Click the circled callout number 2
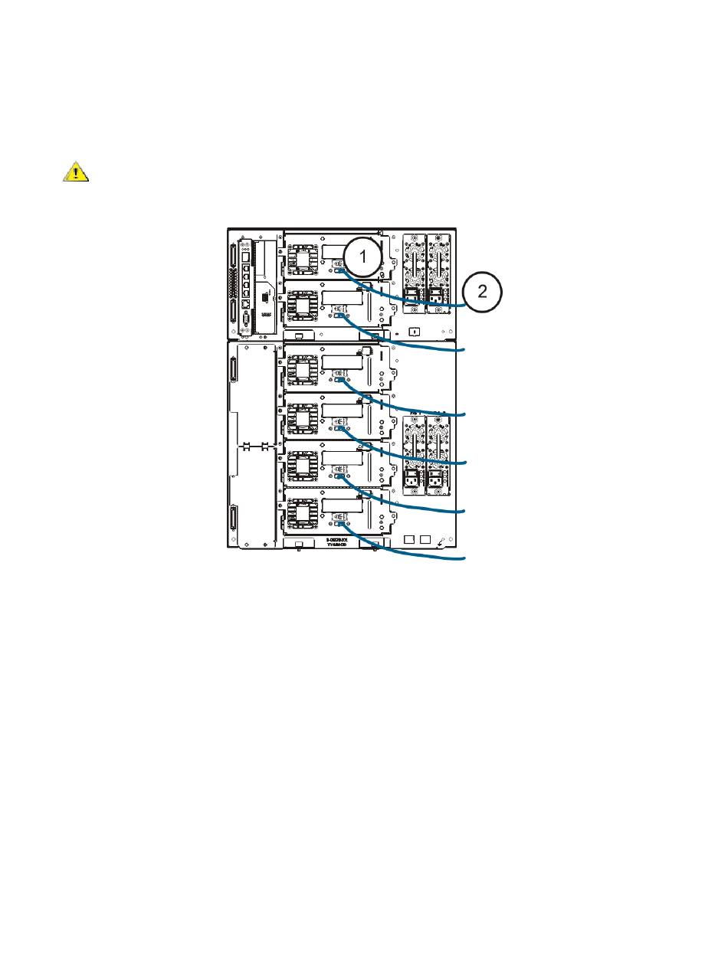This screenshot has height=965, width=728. tap(482, 291)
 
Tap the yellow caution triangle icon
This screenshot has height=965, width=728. tap(75, 172)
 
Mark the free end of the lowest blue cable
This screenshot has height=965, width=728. tap(464, 559)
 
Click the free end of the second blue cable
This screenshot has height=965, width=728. tap(464, 349)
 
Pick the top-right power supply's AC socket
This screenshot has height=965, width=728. tap(436, 296)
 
